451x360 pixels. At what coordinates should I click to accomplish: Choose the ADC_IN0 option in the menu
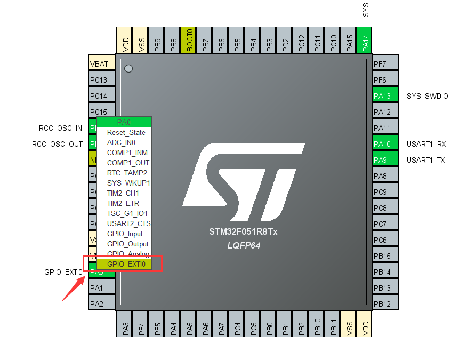(121, 142)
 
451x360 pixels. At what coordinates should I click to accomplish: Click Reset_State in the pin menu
(126, 132)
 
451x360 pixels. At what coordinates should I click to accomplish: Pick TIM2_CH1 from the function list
(123, 193)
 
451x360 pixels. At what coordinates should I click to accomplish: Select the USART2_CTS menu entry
(128, 223)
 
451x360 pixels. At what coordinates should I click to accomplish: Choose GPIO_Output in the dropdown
(127, 244)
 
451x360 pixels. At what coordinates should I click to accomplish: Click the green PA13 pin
(385, 96)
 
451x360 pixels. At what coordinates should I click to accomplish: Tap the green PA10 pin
(385, 144)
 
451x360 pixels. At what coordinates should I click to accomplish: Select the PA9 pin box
(385, 160)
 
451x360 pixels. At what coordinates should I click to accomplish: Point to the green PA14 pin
(365, 41)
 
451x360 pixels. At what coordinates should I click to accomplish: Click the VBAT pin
(101, 64)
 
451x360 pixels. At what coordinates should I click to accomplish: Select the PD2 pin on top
(285, 41)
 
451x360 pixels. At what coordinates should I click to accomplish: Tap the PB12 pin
(385, 304)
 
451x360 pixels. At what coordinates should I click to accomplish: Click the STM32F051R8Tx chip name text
(244, 233)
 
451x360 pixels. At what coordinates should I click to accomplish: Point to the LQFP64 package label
(244, 245)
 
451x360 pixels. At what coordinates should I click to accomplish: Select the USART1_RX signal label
(426, 144)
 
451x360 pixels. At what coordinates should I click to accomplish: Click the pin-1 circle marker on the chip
(128, 68)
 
